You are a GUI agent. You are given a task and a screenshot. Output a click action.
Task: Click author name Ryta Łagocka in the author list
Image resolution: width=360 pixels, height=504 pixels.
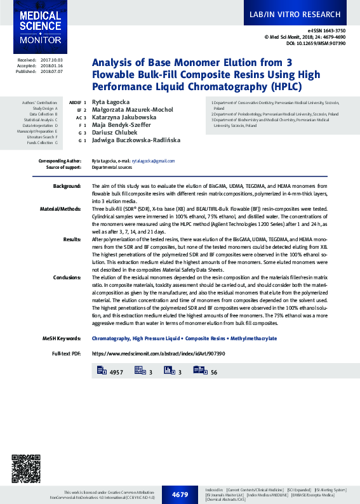point(109,102)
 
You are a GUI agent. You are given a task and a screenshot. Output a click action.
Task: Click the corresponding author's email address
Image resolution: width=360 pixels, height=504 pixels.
point(153,161)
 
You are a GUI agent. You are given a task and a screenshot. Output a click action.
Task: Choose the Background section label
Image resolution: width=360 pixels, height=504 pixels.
point(67,185)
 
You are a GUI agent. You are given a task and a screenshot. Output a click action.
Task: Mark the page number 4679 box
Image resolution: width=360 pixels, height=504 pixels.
point(180,494)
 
